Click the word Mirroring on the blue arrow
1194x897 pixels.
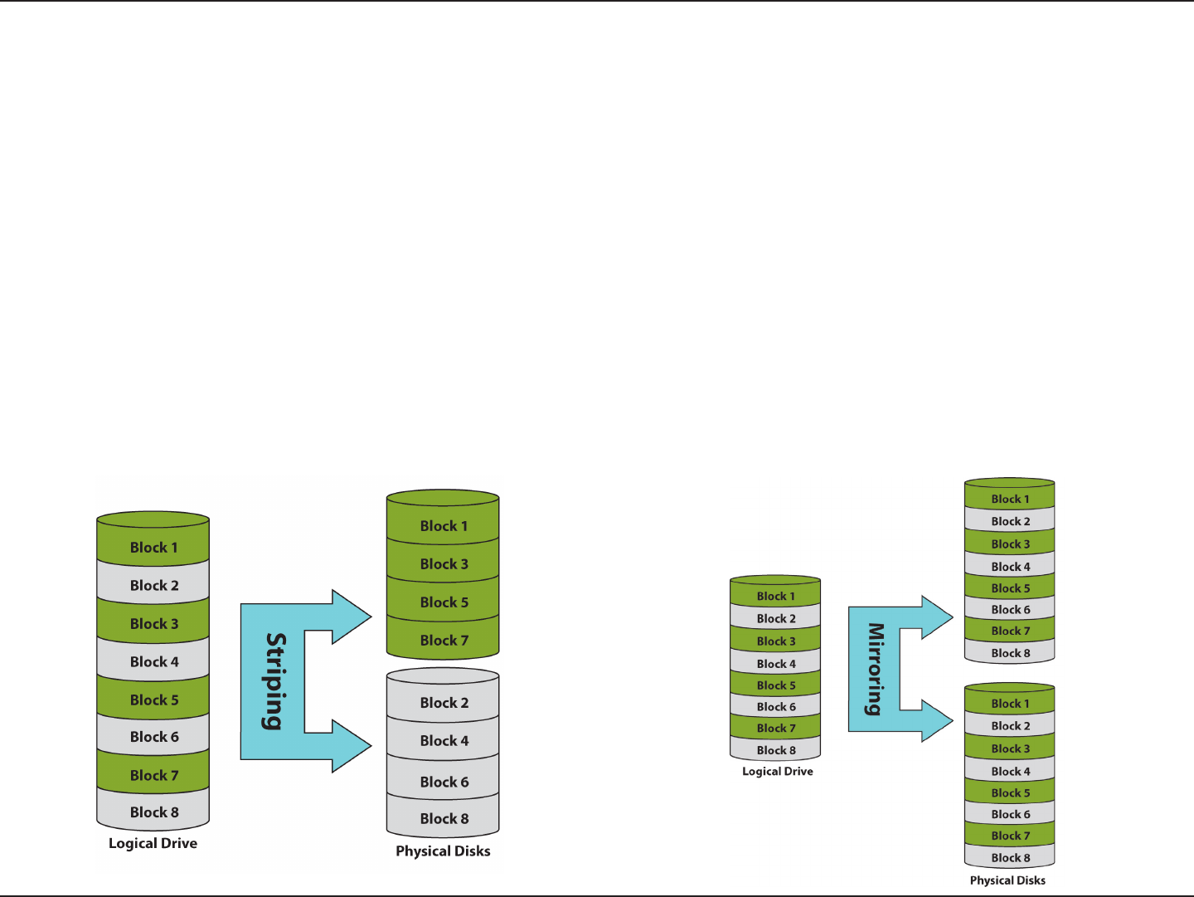(x=875, y=669)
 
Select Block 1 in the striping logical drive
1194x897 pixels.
(x=154, y=548)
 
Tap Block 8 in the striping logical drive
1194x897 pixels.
(x=154, y=812)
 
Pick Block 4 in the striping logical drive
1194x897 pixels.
(x=154, y=662)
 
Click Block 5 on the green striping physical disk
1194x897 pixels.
(x=444, y=602)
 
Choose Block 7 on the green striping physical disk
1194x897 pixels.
(x=444, y=641)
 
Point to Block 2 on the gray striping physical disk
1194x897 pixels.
(x=444, y=703)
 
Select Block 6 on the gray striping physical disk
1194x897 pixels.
(x=444, y=782)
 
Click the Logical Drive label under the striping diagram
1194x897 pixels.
(x=153, y=843)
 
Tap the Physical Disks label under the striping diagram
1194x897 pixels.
(x=443, y=851)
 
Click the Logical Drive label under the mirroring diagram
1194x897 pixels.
(x=777, y=772)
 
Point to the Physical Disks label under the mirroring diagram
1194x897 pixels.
(x=1007, y=880)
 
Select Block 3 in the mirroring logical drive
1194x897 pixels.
(x=776, y=641)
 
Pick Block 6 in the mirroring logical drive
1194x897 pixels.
(x=776, y=707)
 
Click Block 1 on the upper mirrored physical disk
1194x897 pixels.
(x=1010, y=500)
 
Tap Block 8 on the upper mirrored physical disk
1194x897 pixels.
(x=1010, y=653)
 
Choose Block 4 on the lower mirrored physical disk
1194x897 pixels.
(x=1010, y=772)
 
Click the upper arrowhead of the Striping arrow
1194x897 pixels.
(x=353, y=617)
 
